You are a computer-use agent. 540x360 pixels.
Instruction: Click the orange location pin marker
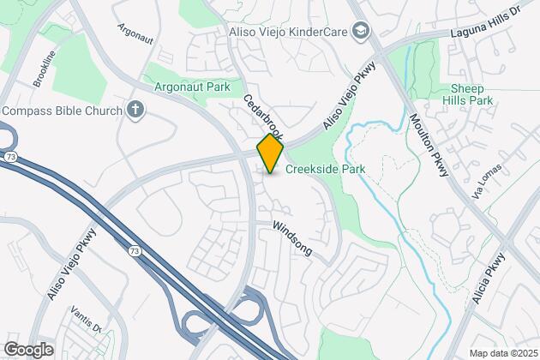click(x=270, y=153)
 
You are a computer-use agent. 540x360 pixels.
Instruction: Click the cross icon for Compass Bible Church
click(x=134, y=110)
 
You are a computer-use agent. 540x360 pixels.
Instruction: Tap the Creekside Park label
click(x=325, y=169)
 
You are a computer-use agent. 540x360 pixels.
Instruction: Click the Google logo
click(x=28, y=349)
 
